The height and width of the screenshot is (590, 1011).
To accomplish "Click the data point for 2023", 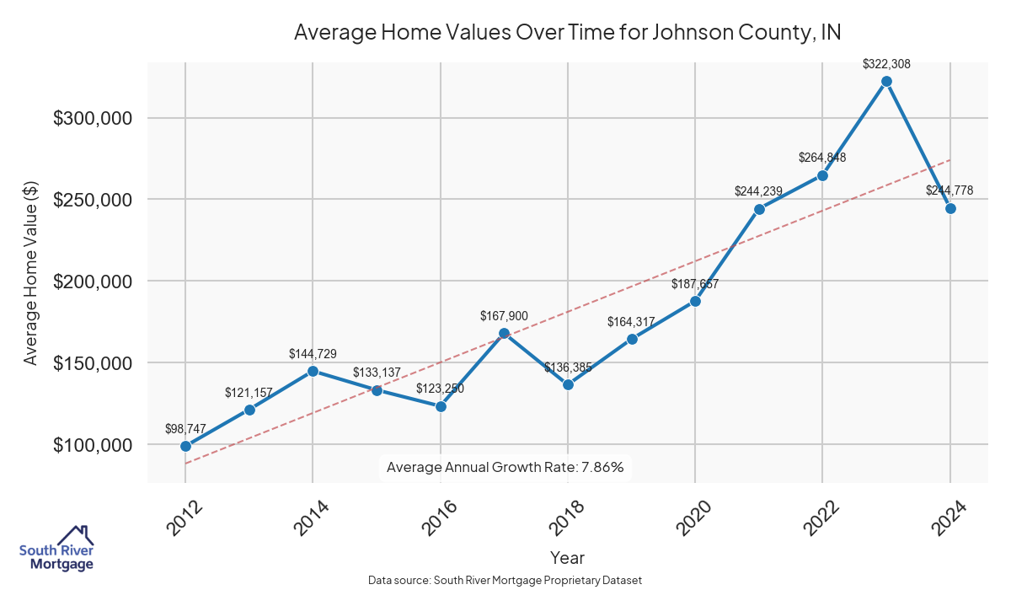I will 886,81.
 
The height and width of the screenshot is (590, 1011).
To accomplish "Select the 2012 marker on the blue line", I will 185,446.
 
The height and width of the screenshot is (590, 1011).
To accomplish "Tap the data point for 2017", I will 504,333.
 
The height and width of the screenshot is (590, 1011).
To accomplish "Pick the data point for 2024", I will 950,208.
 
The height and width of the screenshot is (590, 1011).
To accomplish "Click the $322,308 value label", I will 886,63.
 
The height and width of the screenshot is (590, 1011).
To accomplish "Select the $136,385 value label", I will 569,367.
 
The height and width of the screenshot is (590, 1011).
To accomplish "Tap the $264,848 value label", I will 822,158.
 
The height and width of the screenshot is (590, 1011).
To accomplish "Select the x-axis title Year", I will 567,557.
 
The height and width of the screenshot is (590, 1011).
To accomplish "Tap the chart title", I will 567,32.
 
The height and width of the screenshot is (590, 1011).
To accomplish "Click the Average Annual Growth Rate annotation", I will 505,467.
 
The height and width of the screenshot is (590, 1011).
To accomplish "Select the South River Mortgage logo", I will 56,549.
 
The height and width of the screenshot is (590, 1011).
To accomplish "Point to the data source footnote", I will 505,580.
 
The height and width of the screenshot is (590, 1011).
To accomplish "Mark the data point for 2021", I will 759,209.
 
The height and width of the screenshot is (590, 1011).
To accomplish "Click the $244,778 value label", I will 949,190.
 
